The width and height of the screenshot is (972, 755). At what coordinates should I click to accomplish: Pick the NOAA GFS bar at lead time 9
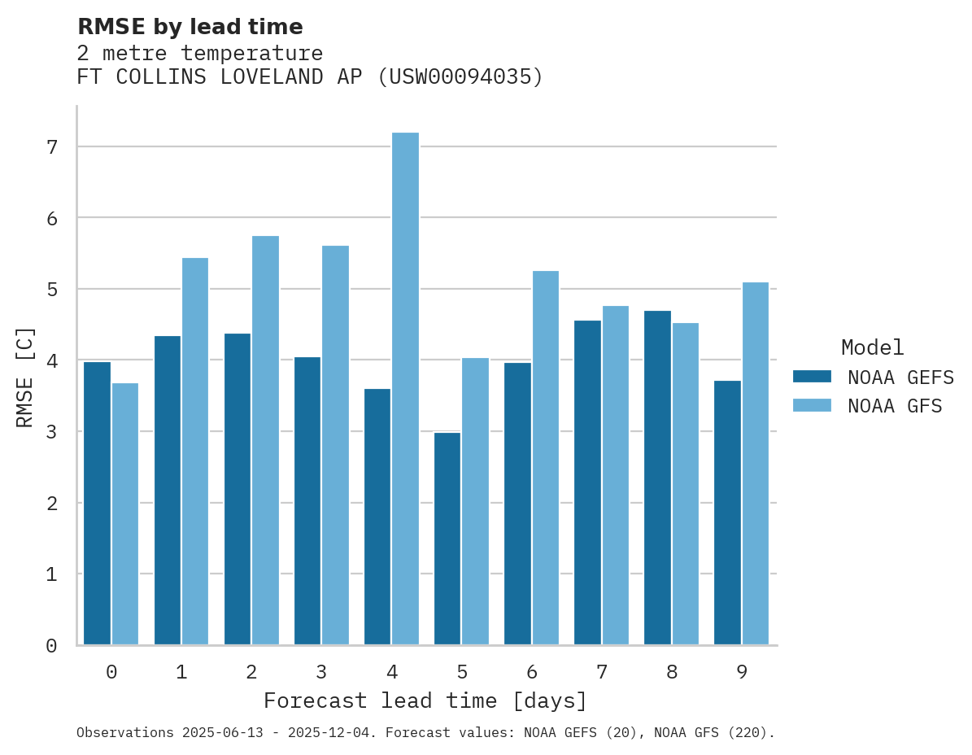pos(755,464)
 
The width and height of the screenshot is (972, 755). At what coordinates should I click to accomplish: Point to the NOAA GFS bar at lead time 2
pos(265,440)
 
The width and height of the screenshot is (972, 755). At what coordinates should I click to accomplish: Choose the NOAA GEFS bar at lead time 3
pos(307,500)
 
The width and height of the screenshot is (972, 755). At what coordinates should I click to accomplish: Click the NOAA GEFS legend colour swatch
pos(812,377)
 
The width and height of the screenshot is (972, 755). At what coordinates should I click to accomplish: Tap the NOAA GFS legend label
pos(895,406)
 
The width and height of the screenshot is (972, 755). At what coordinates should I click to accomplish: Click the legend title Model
pos(872,347)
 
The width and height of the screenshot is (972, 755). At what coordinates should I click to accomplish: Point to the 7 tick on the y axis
pos(52,147)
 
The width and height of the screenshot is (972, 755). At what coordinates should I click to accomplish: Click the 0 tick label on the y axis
pos(52,646)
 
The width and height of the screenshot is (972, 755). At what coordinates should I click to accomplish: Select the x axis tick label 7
pos(601,672)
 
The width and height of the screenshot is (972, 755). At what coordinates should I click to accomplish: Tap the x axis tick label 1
pos(181,672)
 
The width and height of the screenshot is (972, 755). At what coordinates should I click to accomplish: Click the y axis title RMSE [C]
pos(26,377)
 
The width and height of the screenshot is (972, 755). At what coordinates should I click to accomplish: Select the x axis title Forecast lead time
pos(425,700)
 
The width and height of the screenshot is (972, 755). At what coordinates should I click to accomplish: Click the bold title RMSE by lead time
pos(190,27)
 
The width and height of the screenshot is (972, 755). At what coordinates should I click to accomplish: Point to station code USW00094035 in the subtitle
pos(460,77)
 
